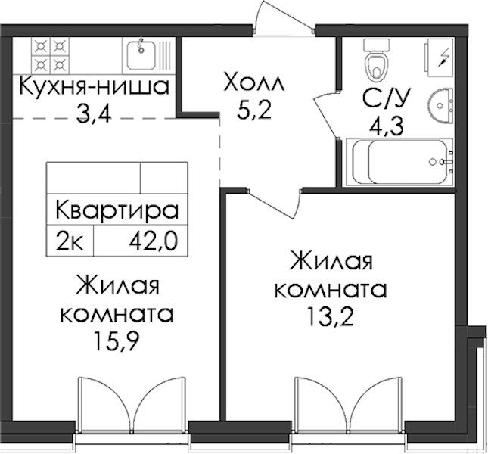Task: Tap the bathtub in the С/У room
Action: (x=399, y=162)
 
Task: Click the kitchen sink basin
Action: (x=141, y=55)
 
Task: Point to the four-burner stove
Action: (x=50, y=56)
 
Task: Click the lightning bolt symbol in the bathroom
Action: (x=443, y=58)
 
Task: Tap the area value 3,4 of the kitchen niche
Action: (x=93, y=114)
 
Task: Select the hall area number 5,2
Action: (x=254, y=110)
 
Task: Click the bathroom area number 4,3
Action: (x=386, y=126)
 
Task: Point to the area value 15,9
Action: (x=116, y=342)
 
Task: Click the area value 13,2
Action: (x=330, y=316)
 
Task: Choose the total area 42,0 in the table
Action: (x=153, y=241)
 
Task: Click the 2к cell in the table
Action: (x=70, y=242)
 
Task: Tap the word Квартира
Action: (x=117, y=210)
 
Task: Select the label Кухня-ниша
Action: (x=94, y=86)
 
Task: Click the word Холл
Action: (x=254, y=82)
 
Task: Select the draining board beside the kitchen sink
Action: (x=165, y=55)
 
